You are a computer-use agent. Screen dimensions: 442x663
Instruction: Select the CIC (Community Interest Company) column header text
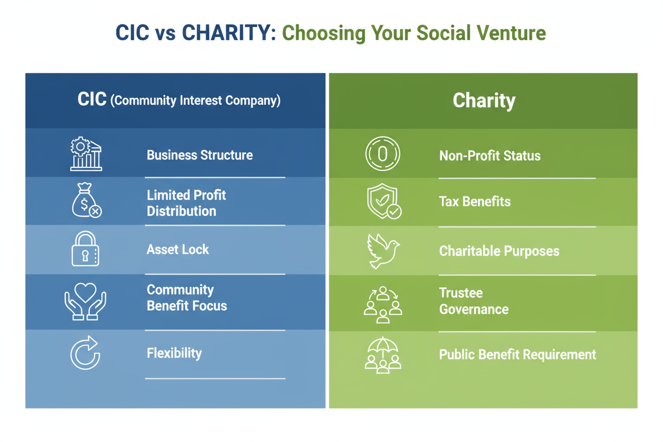[179, 100]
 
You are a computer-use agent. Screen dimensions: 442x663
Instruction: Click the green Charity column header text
[484, 101]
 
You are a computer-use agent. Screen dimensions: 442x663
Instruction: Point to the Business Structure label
[200, 155]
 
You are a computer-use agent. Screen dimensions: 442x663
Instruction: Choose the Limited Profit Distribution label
[186, 203]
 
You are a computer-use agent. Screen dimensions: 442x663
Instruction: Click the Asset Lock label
[178, 249]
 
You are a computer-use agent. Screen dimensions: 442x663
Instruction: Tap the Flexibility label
[174, 353]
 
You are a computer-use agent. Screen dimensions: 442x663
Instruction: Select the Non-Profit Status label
[490, 156]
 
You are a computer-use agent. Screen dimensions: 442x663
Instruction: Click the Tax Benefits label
[475, 202]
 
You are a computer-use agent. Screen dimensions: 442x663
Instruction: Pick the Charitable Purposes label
[499, 251]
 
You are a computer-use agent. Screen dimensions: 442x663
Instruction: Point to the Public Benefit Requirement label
[517, 354]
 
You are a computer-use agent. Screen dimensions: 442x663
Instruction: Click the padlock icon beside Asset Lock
[85, 249]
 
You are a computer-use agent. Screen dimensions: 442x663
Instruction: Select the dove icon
[382, 251]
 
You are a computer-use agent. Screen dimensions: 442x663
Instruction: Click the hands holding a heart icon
[86, 301]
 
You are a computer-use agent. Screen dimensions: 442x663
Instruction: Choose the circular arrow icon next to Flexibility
[86, 353]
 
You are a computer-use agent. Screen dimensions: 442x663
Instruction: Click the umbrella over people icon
[383, 354]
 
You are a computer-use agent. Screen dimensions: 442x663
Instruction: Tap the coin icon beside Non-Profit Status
[382, 154]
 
